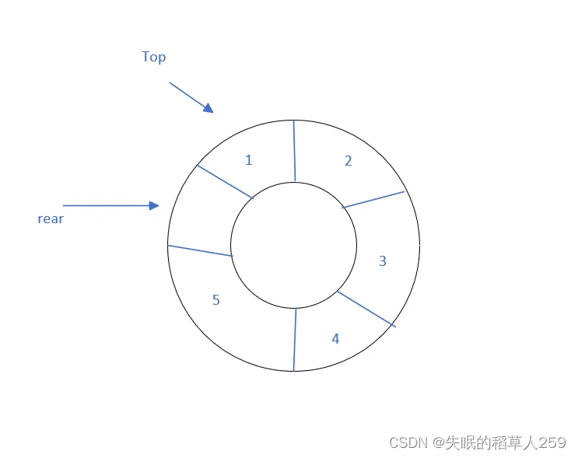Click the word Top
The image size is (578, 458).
coord(153,57)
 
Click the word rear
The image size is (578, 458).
coord(51,219)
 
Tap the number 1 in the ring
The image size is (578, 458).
coord(248,160)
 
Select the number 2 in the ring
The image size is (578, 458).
coord(348,161)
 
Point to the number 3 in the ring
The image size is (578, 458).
coord(382,261)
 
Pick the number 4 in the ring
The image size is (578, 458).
coord(335,339)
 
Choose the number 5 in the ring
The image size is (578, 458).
coord(216,300)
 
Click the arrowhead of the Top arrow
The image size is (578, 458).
coord(208,109)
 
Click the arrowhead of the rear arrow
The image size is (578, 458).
coord(154,205)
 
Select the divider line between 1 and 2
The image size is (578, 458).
coord(295,151)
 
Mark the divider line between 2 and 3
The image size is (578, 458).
coord(373,199)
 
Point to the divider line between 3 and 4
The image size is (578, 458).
coord(366,309)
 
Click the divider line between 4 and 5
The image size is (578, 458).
coord(295,340)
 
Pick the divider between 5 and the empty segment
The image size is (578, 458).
coord(200,251)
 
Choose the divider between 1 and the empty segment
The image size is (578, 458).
coord(226,182)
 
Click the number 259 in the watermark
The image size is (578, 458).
coord(552,442)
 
